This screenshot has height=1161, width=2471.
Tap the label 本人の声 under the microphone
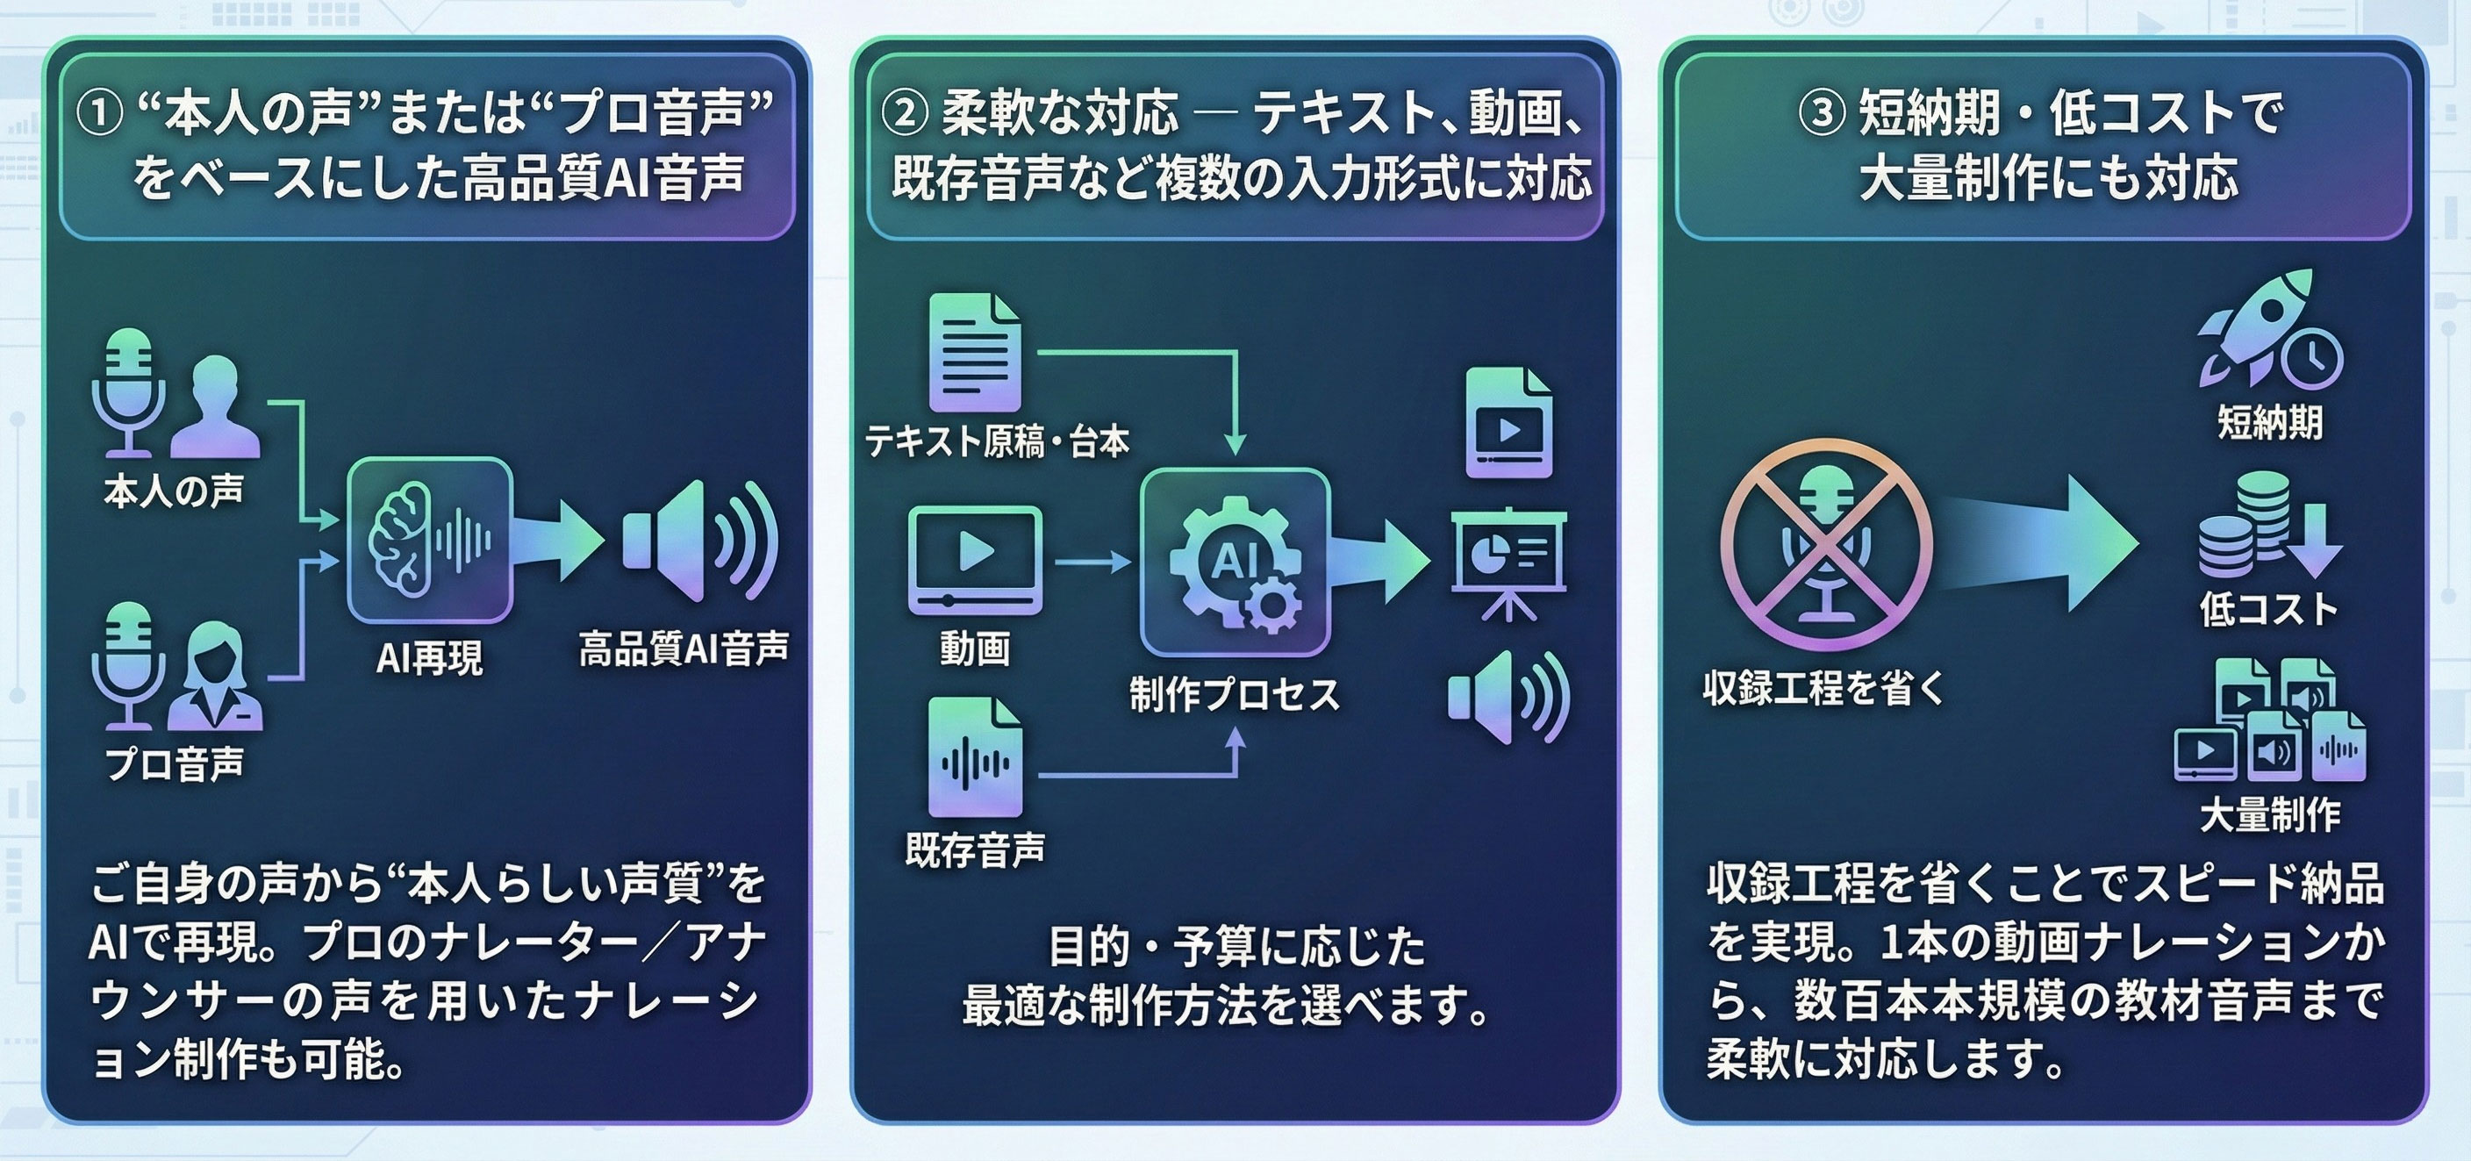pyautogui.click(x=174, y=491)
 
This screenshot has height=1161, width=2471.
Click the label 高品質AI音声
pyautogui.click(x=683, y=649)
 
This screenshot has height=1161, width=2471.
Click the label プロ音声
pyautogui.click(x=174, y=763)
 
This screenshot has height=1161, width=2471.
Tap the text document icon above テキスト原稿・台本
pyautogui.click(x=975, y=353)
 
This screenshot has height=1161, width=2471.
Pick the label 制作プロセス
pyautogui.click(x=1235, y=695)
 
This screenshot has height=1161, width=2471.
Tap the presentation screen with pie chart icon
pyautogui.click(x=1508, y=563)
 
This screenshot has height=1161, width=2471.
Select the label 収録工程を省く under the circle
pyautogui.click(x=1823, y=688)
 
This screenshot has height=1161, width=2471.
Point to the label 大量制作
pyautogui.click(x=2269, y=814)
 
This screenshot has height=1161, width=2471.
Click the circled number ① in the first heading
pyautogui.click(x=99, y=114)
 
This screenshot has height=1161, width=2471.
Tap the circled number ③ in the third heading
pyautogui.click(x=1822, y=114)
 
